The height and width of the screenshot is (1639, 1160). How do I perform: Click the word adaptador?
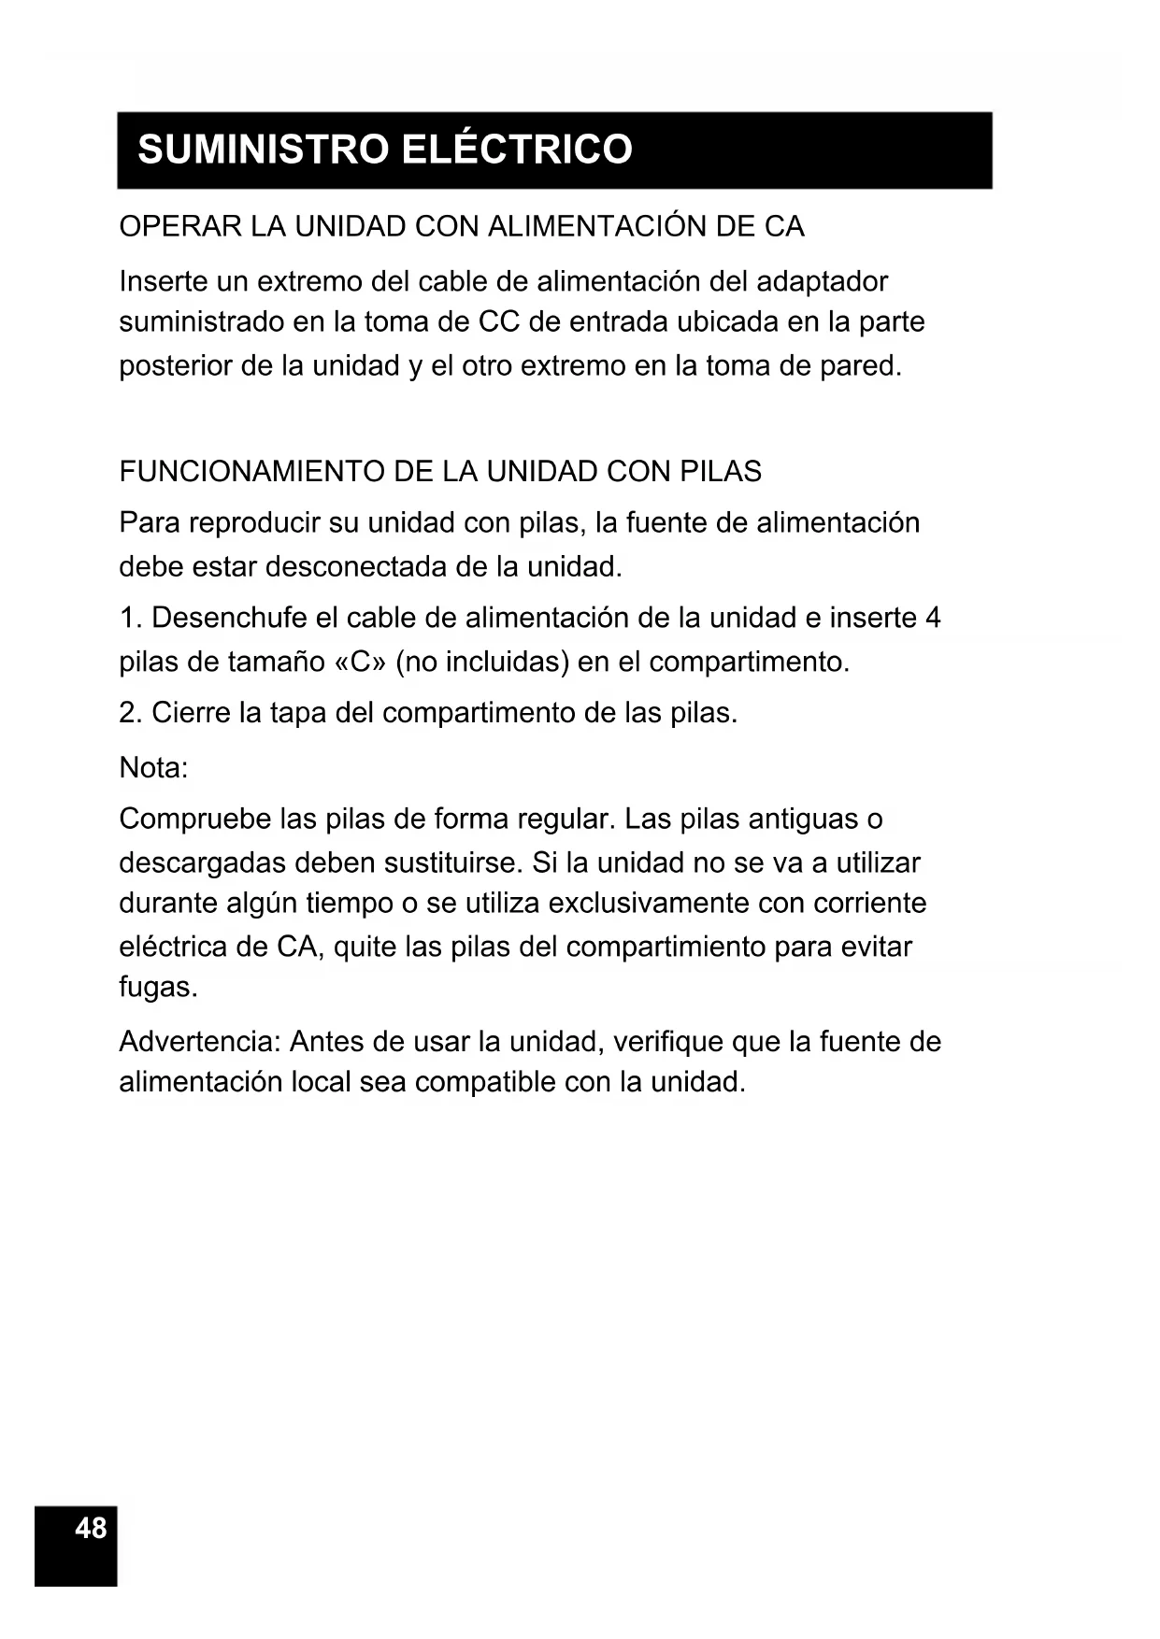tap(822, 281)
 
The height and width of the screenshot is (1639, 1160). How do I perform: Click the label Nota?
tap(153, 768)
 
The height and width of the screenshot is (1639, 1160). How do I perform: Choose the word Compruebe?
tap(194, 819)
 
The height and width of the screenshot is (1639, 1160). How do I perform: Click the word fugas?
tap(158, 987)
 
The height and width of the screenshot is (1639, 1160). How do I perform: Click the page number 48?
tap(91, 1528)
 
